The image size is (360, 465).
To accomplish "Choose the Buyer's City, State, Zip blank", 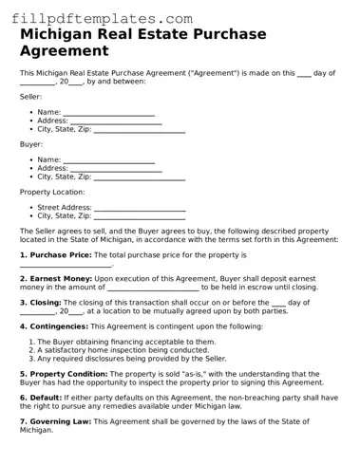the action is click(x=140, y=177).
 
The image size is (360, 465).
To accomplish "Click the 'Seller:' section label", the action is click(x=31, y=97).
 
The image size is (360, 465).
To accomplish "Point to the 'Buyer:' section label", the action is click(x=31, y=144).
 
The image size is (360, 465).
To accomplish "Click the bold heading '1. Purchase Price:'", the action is click(x=56, y=255).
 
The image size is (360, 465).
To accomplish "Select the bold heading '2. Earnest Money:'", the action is click(x=56, y=278).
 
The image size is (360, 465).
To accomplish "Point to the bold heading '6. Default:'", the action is click(x=42, y=398).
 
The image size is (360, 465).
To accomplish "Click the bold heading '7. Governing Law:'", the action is click(x=56, y=421).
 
